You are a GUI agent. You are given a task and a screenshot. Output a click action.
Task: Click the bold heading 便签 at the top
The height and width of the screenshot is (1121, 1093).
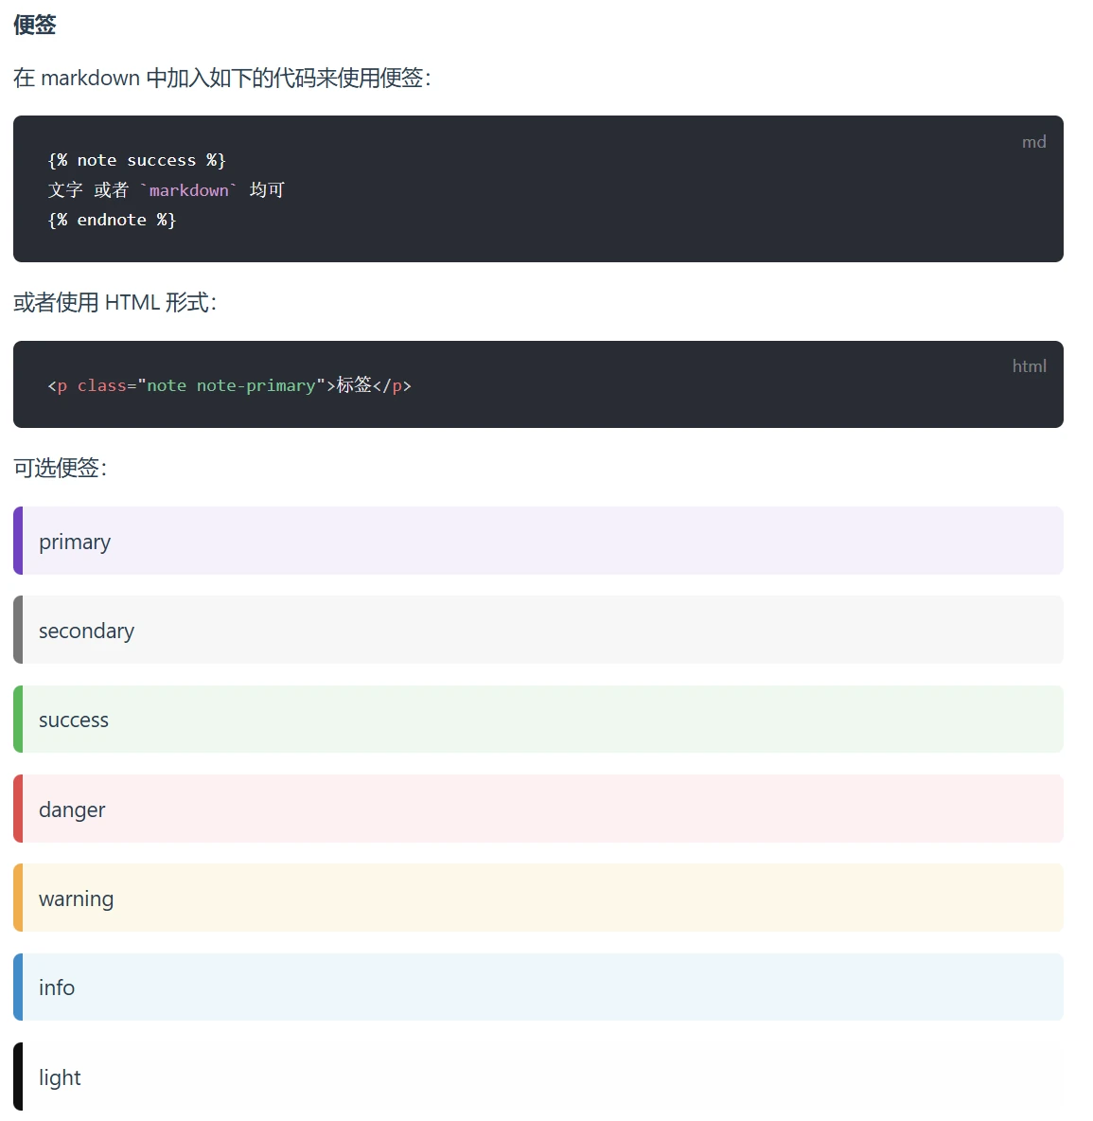34,25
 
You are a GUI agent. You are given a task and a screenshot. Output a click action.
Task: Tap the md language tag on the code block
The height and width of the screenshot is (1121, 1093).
1033,142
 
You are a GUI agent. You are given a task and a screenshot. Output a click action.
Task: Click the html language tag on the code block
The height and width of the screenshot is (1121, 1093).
1030,366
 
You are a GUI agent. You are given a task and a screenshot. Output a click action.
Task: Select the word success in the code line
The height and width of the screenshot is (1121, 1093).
162,160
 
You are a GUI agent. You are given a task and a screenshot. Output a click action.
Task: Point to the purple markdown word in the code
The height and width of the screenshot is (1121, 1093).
188,190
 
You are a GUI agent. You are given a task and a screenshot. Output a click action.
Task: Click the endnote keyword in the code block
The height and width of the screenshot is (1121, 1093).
112,221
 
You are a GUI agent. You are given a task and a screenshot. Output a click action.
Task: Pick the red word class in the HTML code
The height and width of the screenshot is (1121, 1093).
101,386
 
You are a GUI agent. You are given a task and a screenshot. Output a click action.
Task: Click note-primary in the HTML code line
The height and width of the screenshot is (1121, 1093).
256,386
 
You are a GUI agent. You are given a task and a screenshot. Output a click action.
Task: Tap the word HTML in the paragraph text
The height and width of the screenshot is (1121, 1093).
132,302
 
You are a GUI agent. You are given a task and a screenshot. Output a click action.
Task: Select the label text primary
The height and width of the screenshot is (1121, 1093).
75,542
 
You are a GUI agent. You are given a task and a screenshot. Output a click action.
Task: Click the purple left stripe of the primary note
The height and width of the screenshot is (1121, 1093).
18,541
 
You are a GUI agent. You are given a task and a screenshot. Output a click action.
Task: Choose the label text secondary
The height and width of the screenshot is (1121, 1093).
86,631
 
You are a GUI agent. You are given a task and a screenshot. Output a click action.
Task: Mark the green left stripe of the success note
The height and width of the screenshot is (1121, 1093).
18,720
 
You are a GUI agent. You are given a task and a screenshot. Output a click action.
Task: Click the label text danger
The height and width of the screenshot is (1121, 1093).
72,810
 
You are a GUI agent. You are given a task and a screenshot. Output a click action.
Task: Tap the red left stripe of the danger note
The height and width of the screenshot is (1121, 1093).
18,809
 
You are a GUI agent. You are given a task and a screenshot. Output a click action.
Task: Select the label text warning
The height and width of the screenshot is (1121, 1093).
77,899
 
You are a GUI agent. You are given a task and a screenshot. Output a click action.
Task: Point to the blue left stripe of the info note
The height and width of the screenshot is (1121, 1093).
18,988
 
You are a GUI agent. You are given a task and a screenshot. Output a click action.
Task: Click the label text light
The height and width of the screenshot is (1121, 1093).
60,1077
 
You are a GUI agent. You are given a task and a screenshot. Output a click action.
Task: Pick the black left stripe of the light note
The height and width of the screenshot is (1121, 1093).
18,1077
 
